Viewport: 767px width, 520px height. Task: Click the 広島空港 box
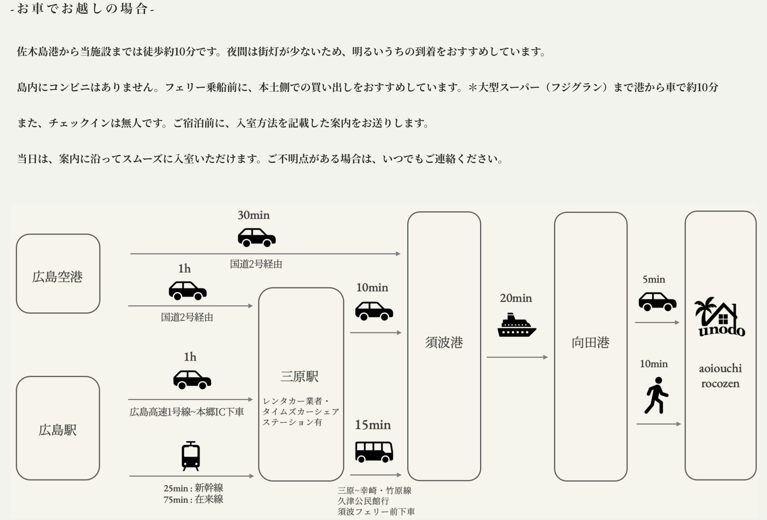(58, 274)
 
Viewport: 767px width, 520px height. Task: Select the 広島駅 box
(58, 428)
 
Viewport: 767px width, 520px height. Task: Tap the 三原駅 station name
(299, 376)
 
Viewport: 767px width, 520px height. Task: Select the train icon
(191, 456)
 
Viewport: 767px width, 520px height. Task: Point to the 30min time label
(254, 215)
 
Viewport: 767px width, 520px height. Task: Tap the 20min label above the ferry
(516, 298)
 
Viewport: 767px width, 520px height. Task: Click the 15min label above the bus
(373, 425)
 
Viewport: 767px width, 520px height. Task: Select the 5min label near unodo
(654, 279)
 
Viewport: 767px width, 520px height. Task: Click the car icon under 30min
(257, 237)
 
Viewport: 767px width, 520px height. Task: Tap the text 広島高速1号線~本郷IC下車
(187, 412)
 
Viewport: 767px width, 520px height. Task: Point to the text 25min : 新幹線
(193, 488)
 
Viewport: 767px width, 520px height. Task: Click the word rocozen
(720, 384)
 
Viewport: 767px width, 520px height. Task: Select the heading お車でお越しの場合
(82, 9)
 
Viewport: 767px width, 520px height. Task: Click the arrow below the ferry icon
(517, 357)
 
